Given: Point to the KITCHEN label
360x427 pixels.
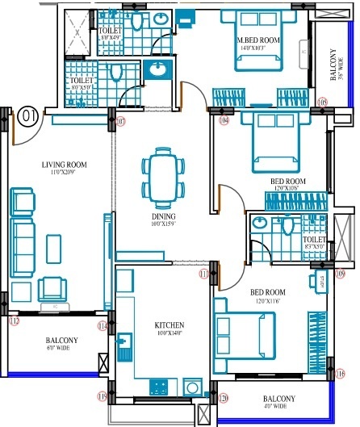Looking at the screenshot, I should click(170, 325).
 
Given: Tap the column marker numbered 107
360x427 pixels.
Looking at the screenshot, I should click(120, 122).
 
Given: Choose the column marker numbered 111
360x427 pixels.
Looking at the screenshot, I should click(204, 274).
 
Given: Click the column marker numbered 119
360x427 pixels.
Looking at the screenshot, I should click(103, 396).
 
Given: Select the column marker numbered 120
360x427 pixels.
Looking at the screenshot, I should click(224, 398).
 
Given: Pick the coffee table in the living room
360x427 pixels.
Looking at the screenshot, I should click(54, 245).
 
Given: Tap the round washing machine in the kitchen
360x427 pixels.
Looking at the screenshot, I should click(191, 387).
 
